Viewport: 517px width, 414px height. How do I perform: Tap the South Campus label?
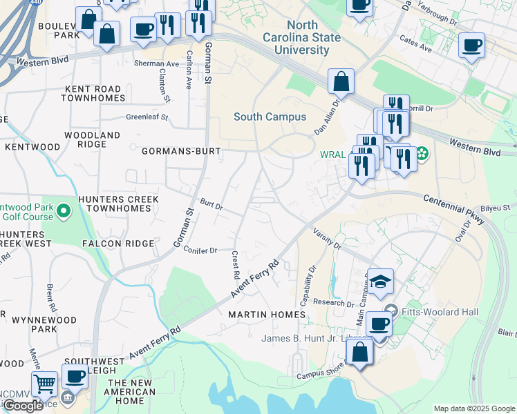pyautogui.click(x=270, y=117)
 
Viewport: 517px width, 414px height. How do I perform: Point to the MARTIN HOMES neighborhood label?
pyautogui.click(x=267, y=315)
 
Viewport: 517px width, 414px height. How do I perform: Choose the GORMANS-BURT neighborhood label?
pyautogui.click(x=181, y=150)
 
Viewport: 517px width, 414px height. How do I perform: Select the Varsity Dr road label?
pyautogui.click(x=327, y=237)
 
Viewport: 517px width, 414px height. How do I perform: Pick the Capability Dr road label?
pyautogui.click(x=307, y=286)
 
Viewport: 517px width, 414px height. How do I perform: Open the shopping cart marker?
pyautogui.click(x=44, y=384)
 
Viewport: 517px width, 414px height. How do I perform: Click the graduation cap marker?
pyautogui.click(x=380, y=281)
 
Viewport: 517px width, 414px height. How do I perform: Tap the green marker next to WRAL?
pyautogui.click(x=421, y=153)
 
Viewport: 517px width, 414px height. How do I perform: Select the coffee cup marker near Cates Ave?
pyautogui.click(x=471, y=46)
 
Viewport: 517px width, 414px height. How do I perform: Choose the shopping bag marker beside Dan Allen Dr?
pyautogui.click(x=341, y=81)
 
